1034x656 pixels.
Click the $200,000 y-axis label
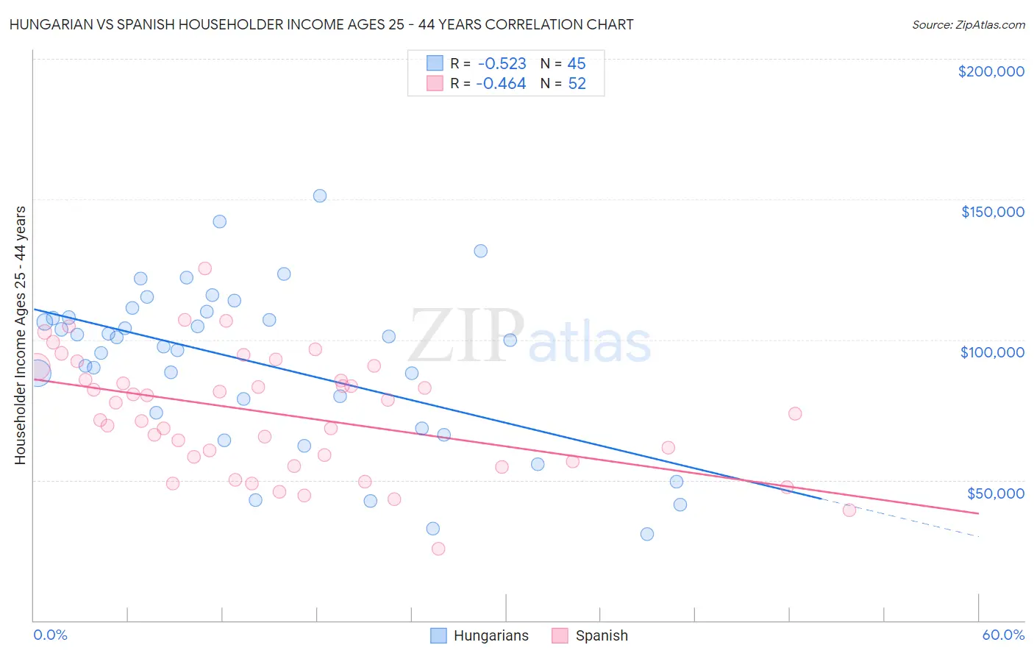point(991,71)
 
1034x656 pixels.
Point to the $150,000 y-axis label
point(992,212)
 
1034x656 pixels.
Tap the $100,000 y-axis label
point(992,352)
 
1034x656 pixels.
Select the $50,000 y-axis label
point(995,493)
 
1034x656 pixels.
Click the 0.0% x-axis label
point(50,635)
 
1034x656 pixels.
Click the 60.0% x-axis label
point(1002,635)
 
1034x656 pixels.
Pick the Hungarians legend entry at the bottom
point(491,635)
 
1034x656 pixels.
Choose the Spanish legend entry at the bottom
point(601,635)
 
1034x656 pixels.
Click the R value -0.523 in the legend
point(502,64)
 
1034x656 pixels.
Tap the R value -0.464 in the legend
point(501,84)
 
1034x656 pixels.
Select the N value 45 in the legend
point(577,64)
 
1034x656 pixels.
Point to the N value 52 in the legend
point(577,84)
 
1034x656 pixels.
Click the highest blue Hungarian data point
point(320,196)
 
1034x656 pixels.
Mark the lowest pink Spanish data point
point(438,549)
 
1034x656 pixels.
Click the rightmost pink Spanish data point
point(849,510)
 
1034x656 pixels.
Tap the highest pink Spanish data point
point(205,268)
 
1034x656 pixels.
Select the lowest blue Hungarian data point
point(647,534)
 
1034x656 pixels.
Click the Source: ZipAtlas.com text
point(968,25)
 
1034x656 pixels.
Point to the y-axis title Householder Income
point(20,335)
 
